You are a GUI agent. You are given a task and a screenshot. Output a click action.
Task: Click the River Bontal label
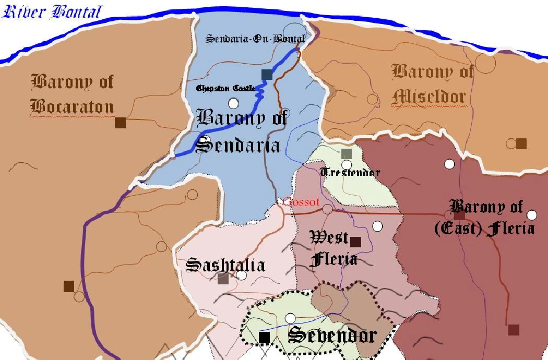pos(52,12)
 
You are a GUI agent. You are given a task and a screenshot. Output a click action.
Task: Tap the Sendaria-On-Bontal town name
pos(255,39)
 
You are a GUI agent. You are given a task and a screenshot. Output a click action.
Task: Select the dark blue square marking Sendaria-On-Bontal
pos(267,75)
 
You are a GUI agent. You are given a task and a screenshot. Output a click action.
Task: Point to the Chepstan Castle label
pos(226,88)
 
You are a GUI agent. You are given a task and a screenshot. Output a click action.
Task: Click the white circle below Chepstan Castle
pos(234,103)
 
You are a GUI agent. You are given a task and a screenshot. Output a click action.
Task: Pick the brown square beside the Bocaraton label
pos(120,123)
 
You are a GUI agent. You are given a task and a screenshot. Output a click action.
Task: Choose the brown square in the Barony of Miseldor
pos(521,143)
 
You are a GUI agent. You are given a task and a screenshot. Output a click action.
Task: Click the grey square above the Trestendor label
pos(347,153)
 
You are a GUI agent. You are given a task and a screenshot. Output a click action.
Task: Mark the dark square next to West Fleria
pos(356,242)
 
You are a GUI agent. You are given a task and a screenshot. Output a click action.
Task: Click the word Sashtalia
pos(225,265)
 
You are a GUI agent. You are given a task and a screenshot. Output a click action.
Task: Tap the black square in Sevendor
pos(265,338)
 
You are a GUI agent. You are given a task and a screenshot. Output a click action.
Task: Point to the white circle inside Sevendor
pos(290,318)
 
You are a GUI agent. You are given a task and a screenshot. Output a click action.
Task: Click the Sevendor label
pos(332,335)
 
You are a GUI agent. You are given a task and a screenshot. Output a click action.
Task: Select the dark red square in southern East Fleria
pos(514,330)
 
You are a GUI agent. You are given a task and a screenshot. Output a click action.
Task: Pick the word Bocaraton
pos(72,106)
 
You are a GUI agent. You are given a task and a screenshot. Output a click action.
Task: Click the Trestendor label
pos(350,172)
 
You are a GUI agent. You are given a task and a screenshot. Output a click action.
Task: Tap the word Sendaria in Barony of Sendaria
pos(238,145)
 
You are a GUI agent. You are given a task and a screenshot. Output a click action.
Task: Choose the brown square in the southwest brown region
pos(69,286)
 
